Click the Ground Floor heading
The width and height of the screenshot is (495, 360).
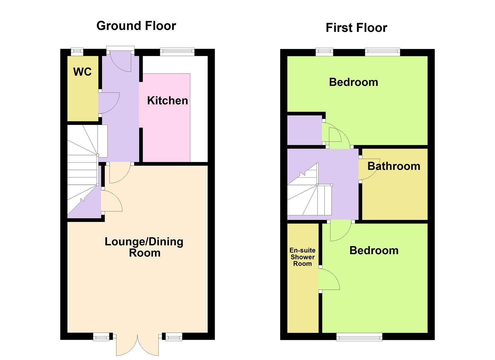(136, 26)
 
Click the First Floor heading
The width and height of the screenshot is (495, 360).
(356, 28)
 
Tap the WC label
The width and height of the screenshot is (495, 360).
(82, 72)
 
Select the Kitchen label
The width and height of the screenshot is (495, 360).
(168, 101)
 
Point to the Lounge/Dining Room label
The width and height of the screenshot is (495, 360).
(144, 247)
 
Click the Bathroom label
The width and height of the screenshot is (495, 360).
(394, 166)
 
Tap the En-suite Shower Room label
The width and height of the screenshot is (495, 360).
(303, 257)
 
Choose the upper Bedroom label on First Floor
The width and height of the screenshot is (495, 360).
(354, 82)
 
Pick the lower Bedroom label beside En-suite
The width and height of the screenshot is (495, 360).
(374, 251)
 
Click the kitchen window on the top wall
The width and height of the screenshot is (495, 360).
(177, 52)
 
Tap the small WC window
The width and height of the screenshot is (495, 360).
(77, 52)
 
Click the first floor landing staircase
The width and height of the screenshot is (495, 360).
(310, 189)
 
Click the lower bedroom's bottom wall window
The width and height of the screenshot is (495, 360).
(359, 337)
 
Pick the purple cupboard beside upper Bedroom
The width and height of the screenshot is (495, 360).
(304, 130)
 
